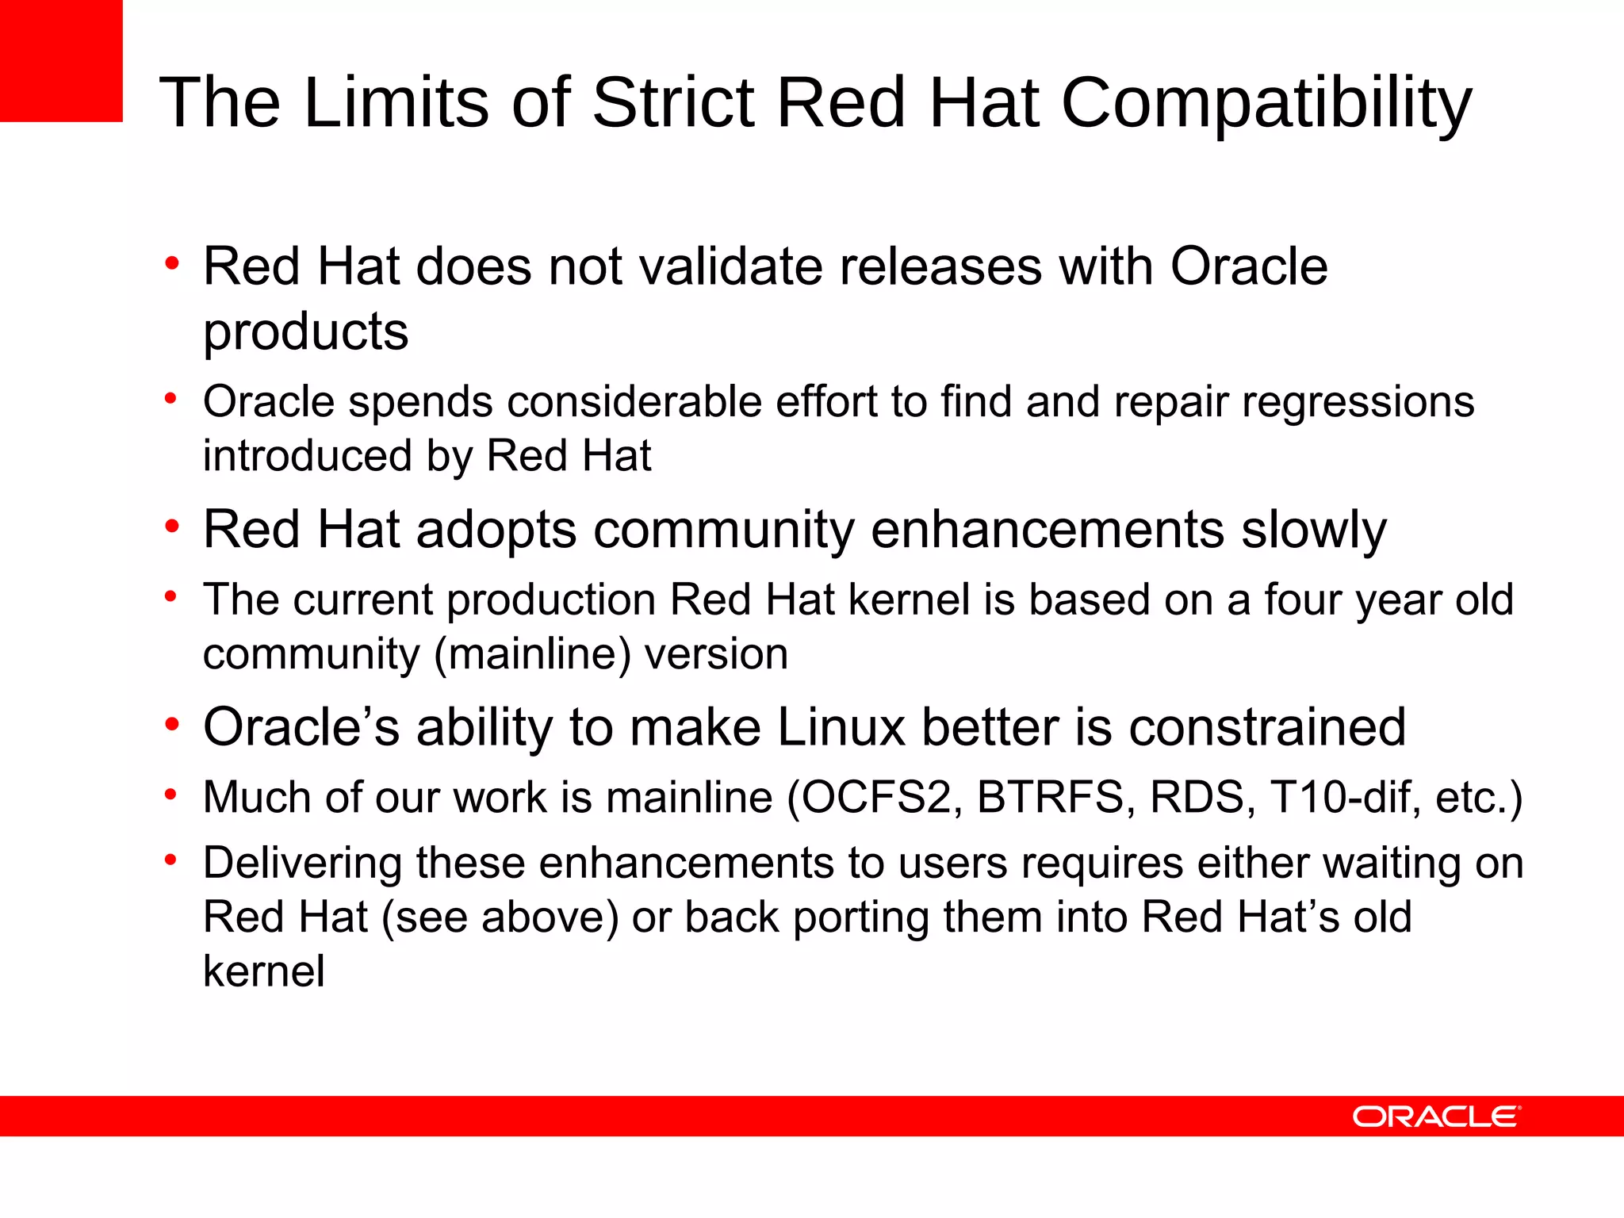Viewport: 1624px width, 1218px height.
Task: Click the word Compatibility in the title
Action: tap(1266, 103)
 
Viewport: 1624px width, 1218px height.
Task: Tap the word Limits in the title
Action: tap(396, 103)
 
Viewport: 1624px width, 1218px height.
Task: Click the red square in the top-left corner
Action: tap(61, 60)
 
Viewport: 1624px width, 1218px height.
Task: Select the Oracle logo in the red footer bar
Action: tap(1436, 1116)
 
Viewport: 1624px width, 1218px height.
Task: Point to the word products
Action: tap(305, 331)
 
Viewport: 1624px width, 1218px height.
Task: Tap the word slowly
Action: tap(1313, 530)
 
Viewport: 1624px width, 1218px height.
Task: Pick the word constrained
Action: tap(1266, 727)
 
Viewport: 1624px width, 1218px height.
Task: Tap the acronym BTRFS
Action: tap(1051, 798)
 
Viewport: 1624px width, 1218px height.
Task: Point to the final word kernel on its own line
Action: tap(263, 972)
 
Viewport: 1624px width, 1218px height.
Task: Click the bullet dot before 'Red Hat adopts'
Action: tap(171, 527)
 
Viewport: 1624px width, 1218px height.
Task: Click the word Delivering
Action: tap(302, 864)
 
